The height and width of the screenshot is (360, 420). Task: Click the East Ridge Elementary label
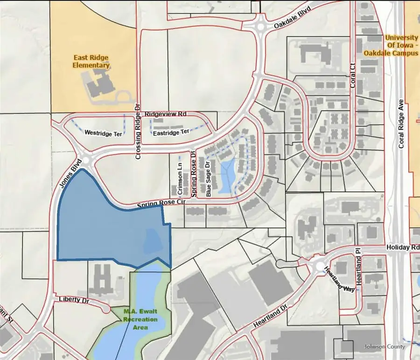[x=91, y=61]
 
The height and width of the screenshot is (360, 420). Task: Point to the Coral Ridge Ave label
[x=400, y=127]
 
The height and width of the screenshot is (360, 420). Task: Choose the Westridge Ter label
[x=103, y=134]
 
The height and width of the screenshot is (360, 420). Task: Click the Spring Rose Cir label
[x=161, y=204]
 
